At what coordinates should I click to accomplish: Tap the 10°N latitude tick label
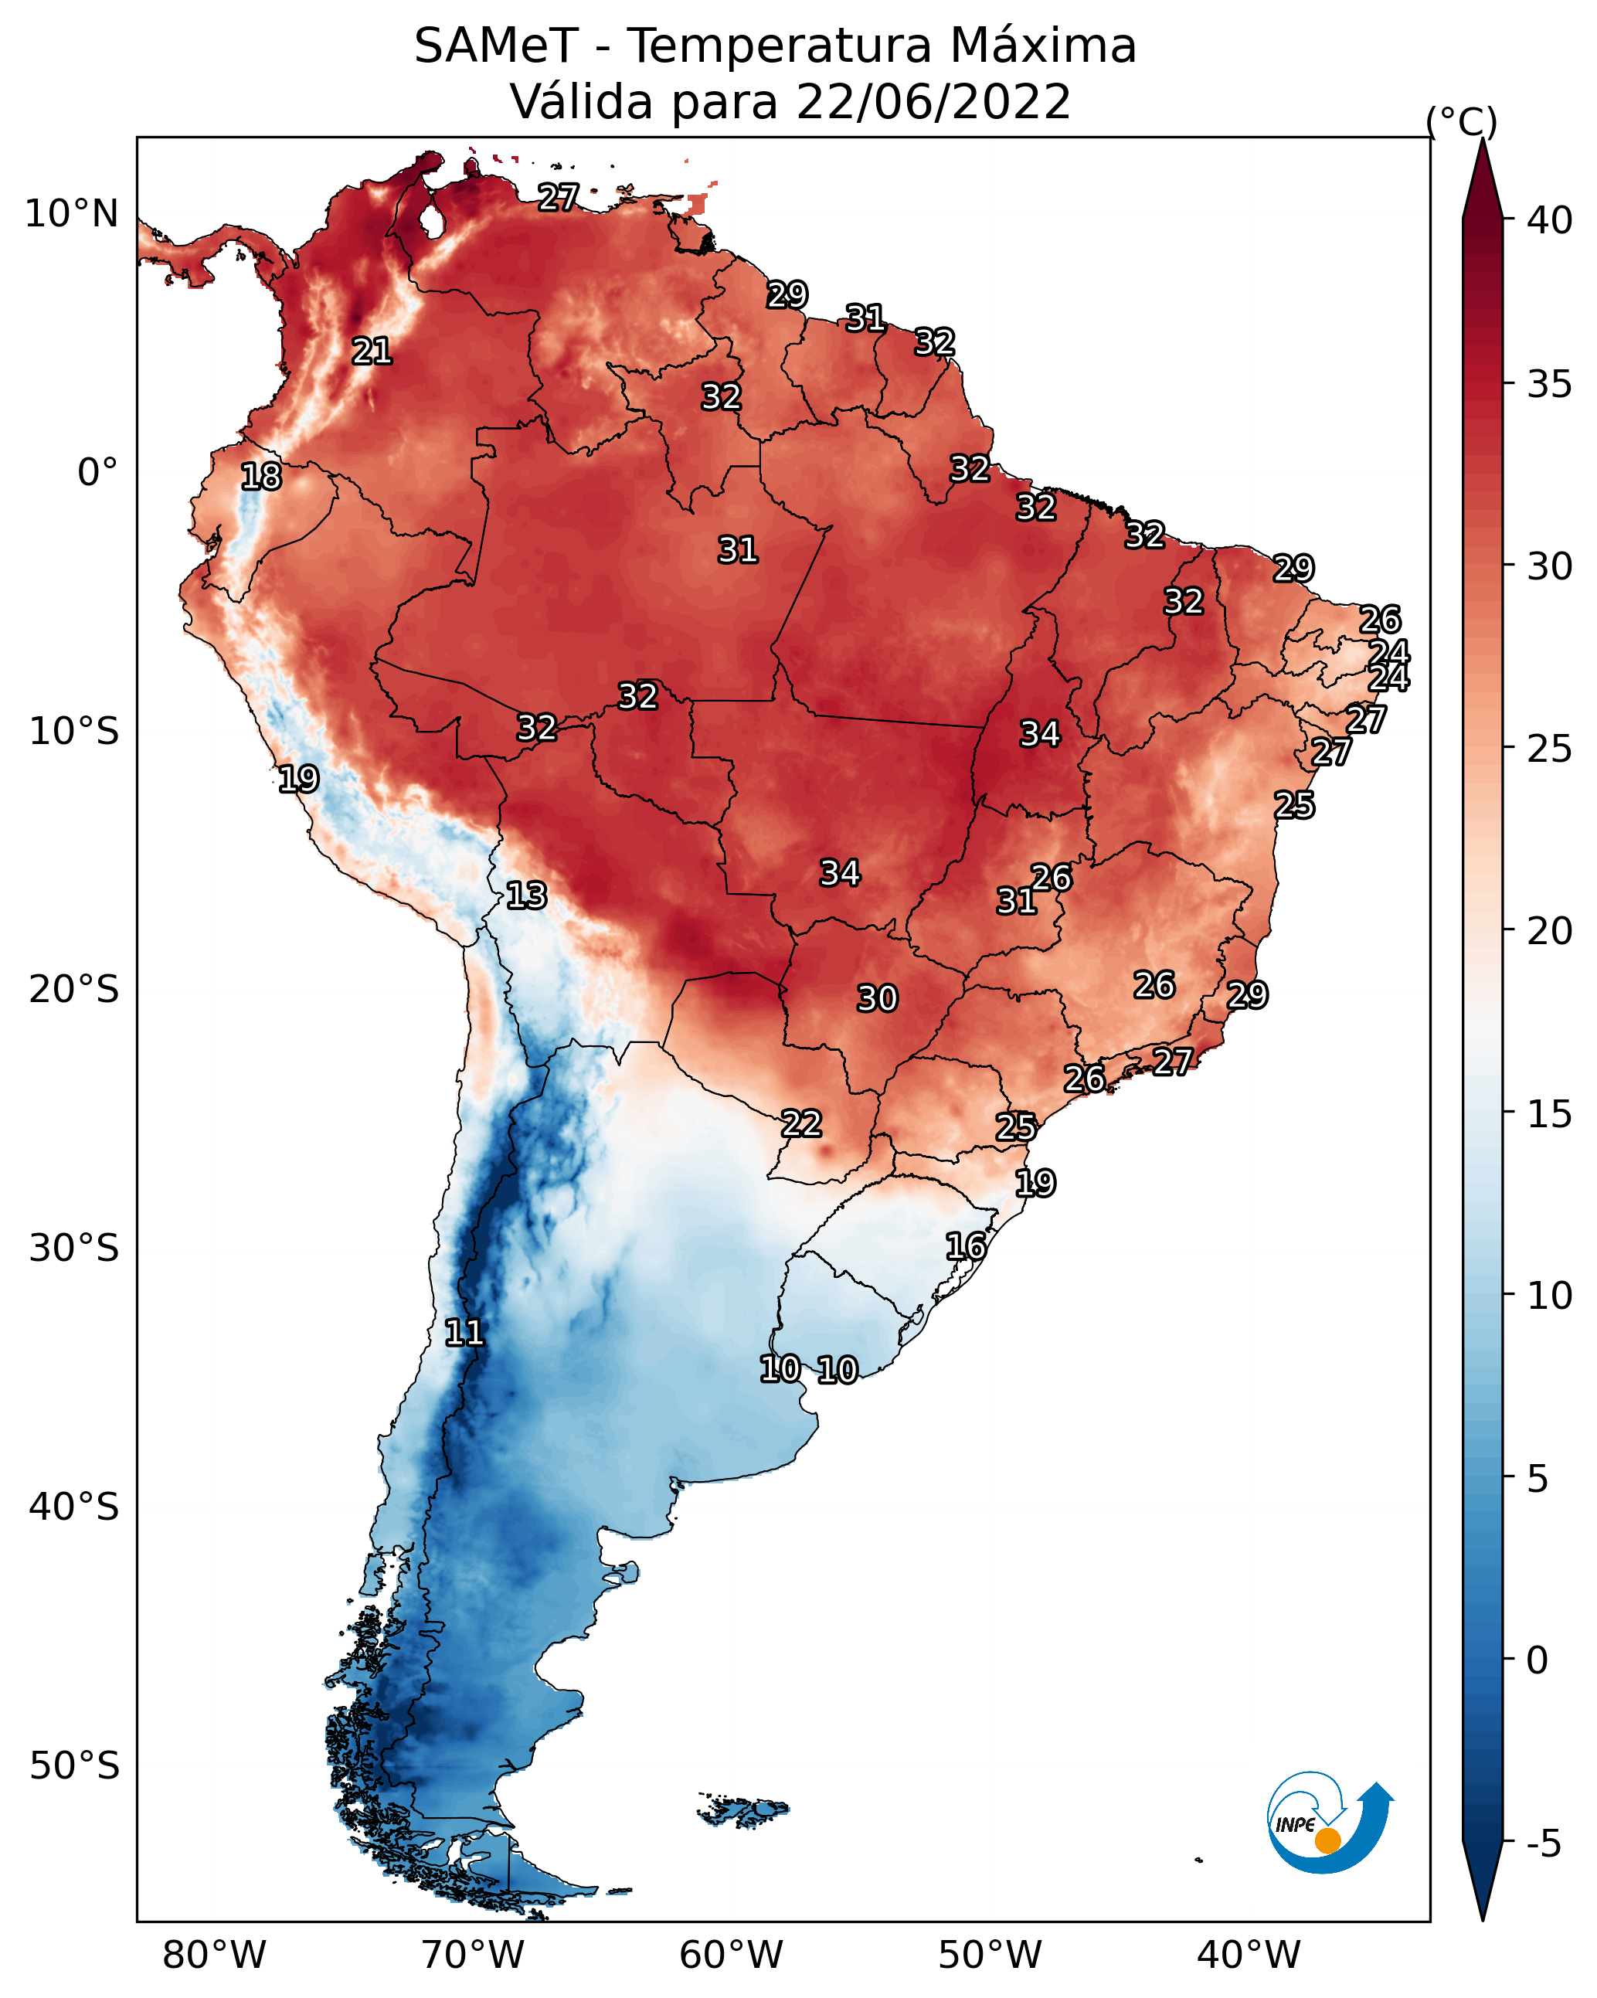(x=71, y=214)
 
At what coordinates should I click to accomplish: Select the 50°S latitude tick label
(x=74, y=1766)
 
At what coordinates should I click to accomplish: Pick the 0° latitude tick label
(x=98, y=473)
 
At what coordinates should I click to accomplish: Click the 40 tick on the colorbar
(x=1550, y=220)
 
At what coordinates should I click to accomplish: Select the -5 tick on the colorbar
(x=1543, y=1844)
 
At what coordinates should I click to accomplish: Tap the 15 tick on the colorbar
(x=1550, y=1114)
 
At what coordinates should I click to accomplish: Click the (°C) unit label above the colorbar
(x=1461, y=121)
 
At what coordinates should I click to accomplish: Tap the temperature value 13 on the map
(x=526, y=895)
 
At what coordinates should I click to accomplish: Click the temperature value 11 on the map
(x=464, y=1333)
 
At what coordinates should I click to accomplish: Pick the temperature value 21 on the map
(x=372, y=352)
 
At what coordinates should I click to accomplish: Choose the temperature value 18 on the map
(x=261, y=477)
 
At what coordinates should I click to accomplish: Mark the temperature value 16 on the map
(x=966, y=1246)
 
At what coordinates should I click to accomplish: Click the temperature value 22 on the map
(x=802, y=1124)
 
